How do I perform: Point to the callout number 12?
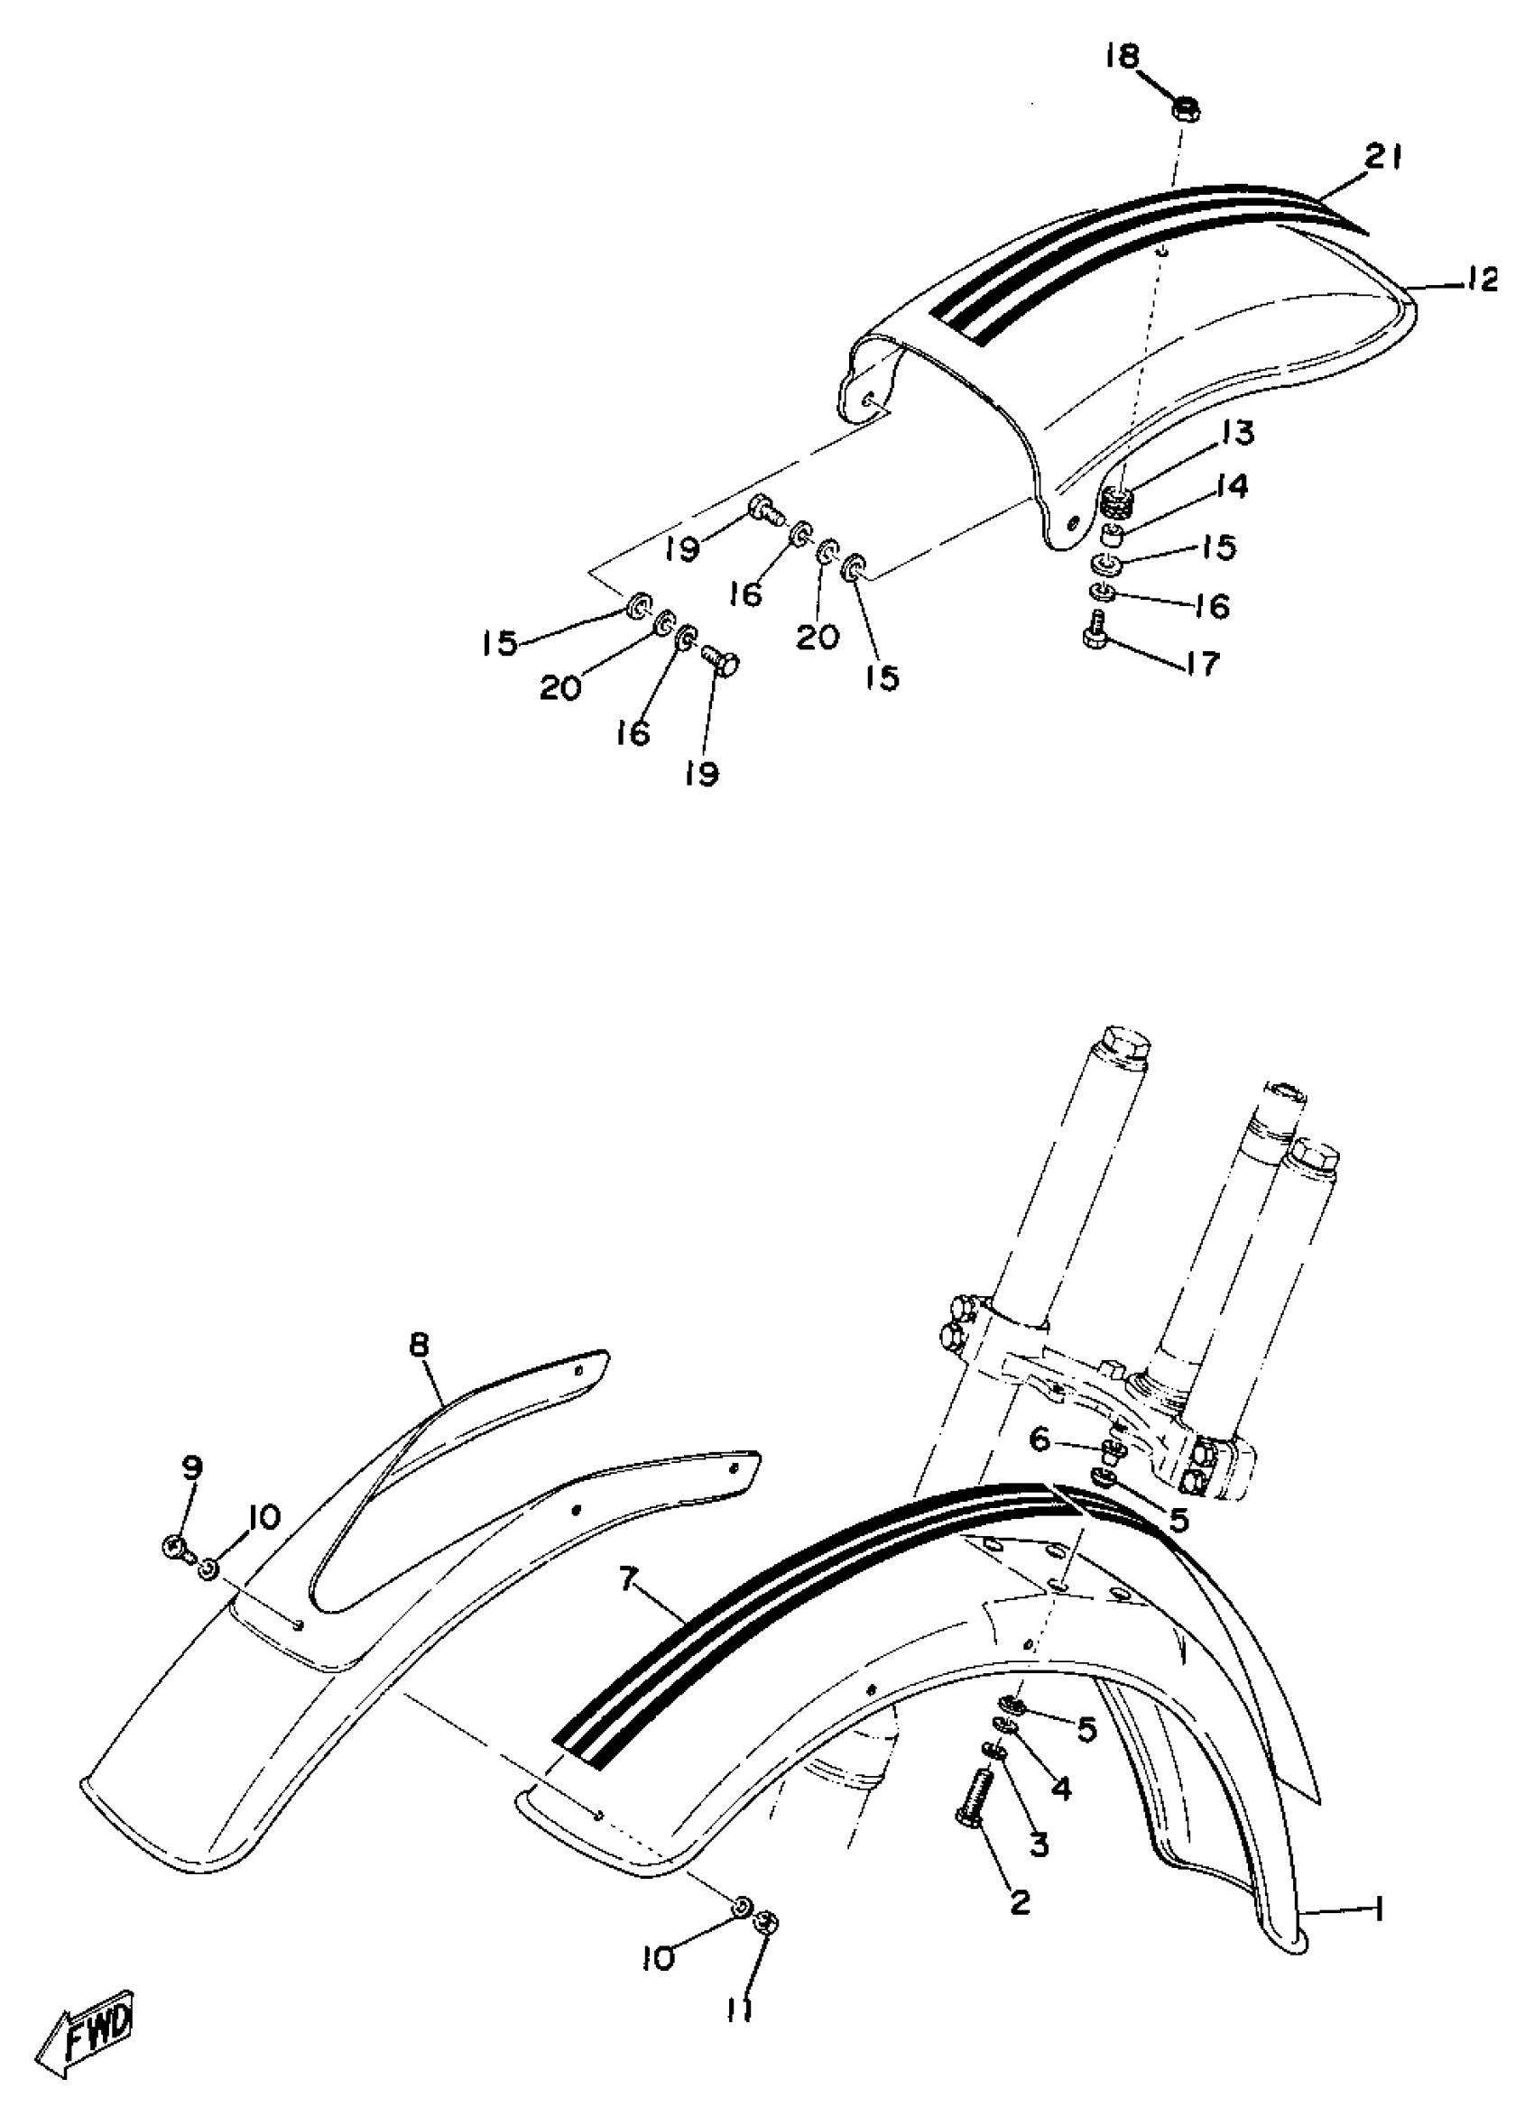(1480, 280)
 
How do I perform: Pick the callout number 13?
(1237, 433)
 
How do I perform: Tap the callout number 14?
(1234, 487)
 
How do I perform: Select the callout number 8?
(419, 1347)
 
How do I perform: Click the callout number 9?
(191, 1467)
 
